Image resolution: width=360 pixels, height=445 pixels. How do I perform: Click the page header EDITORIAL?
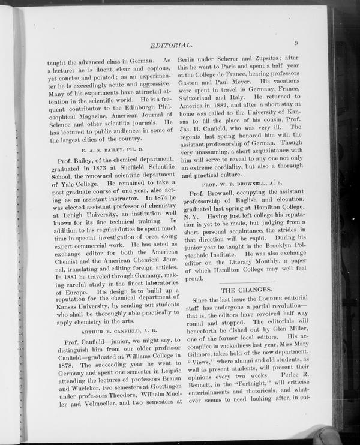coord(170,45)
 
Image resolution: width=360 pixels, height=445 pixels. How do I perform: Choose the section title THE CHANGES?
coord(247,290)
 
